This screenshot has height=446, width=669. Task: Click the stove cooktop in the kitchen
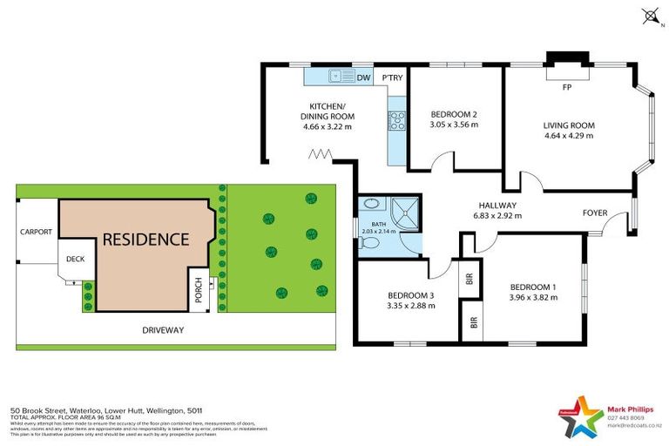397,120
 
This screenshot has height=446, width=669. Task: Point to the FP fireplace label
566,88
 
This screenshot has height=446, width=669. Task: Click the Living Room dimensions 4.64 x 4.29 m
569,136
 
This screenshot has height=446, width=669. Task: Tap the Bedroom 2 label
455,114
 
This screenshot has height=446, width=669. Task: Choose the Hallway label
496,206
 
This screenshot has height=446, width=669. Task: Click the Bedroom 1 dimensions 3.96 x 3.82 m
532,298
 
